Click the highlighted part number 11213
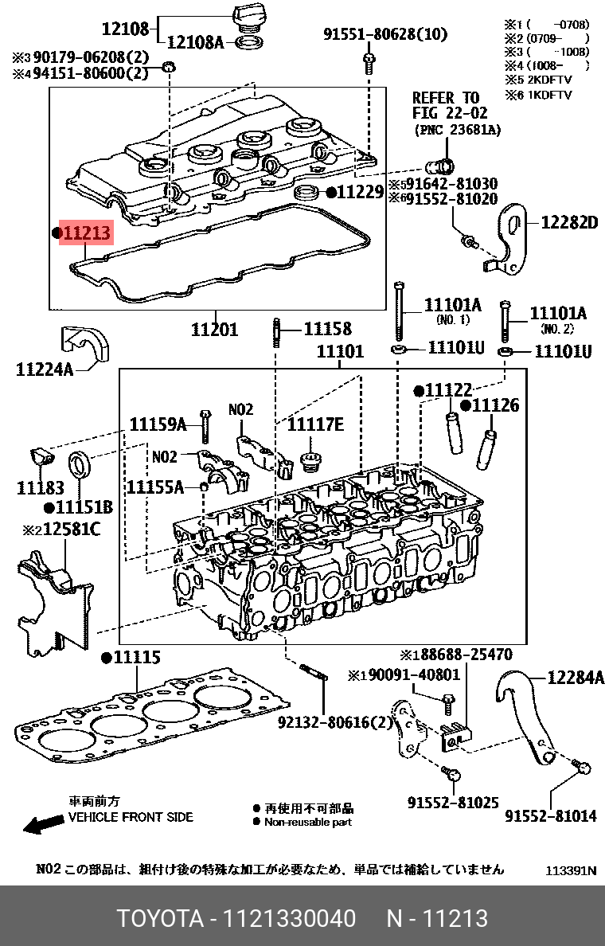[87, 233]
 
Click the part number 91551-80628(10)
[385, 34]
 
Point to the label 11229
[360, 192]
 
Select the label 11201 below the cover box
[214, 329]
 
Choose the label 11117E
[315, 425]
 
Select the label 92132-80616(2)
[335, 723]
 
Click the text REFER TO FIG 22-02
[445, 105]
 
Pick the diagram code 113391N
[571, 871]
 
